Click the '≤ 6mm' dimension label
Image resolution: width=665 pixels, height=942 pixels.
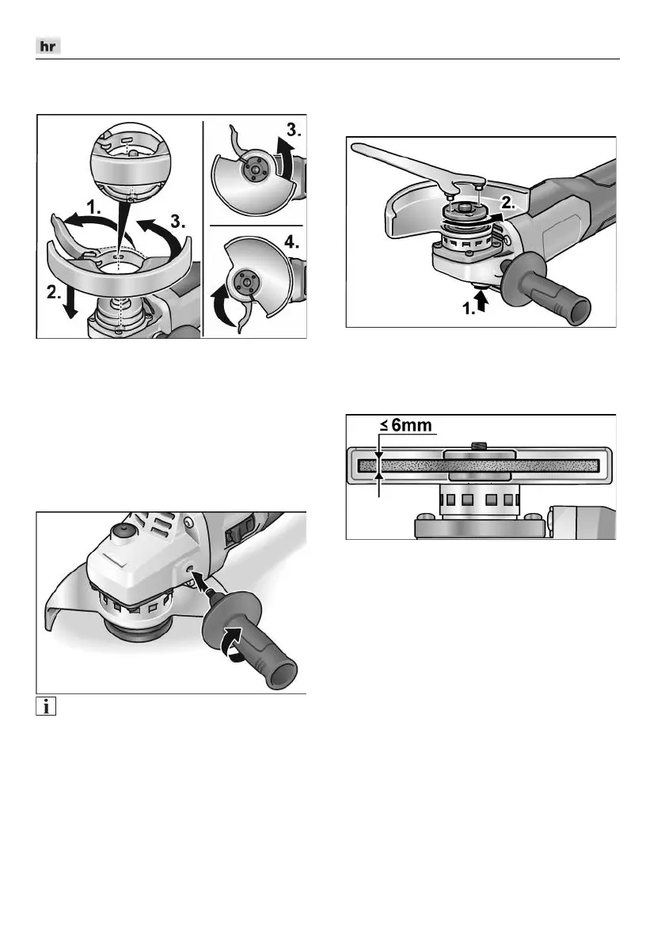[406, 426]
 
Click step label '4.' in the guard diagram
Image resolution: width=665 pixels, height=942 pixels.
[291, 244]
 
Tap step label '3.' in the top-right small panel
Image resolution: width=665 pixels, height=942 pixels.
[294, 131]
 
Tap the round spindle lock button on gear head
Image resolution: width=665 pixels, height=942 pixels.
[123, 530]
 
